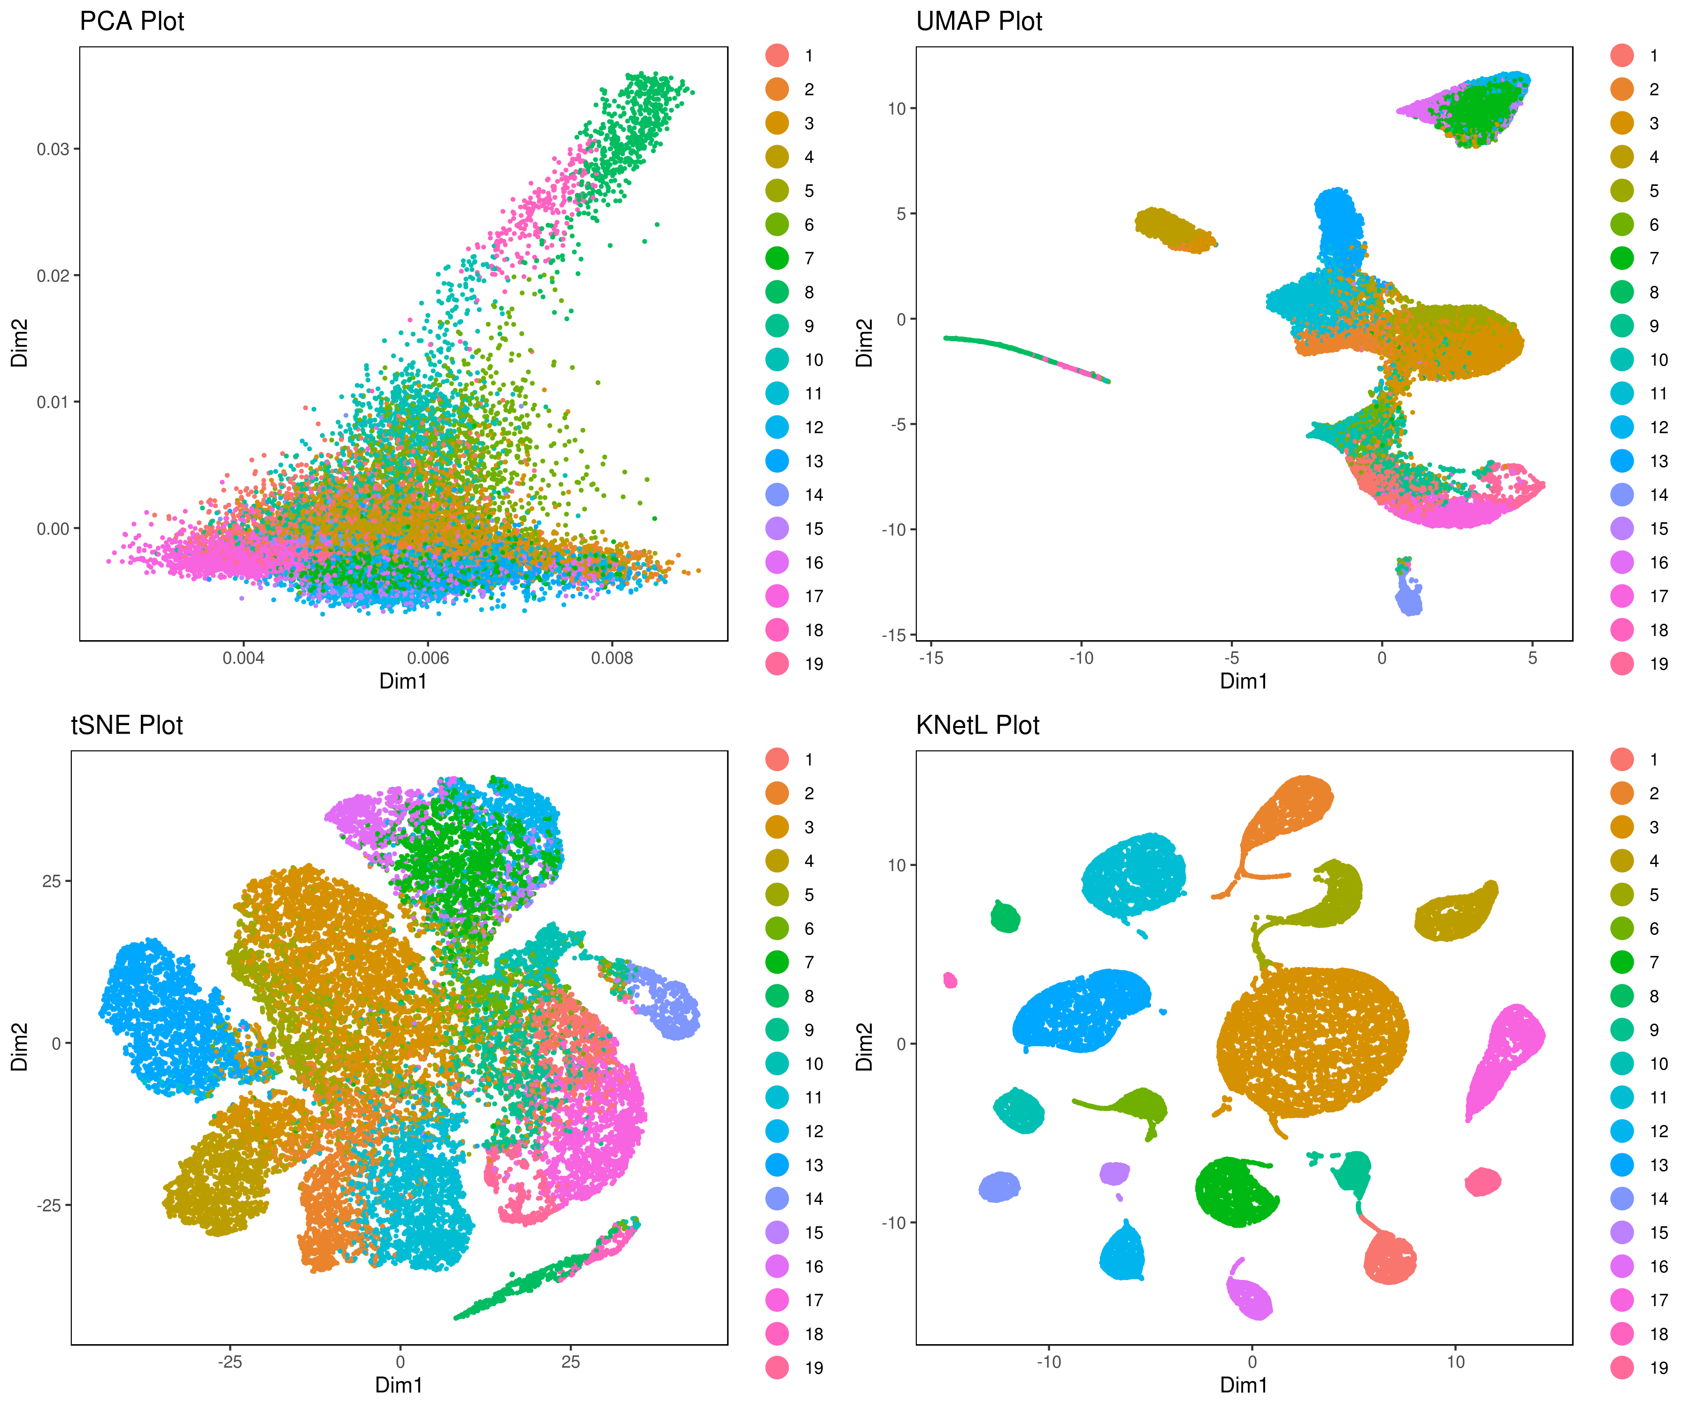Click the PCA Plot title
[132, 21]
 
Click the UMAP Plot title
[979, 21]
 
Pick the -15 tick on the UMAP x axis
[931, 658]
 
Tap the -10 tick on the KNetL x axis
[1049, 1362]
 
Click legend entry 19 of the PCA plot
[814, 664]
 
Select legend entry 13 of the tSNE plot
[814, 1165]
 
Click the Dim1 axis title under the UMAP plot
[1244, 681]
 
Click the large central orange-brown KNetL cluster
[1312, 1042]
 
